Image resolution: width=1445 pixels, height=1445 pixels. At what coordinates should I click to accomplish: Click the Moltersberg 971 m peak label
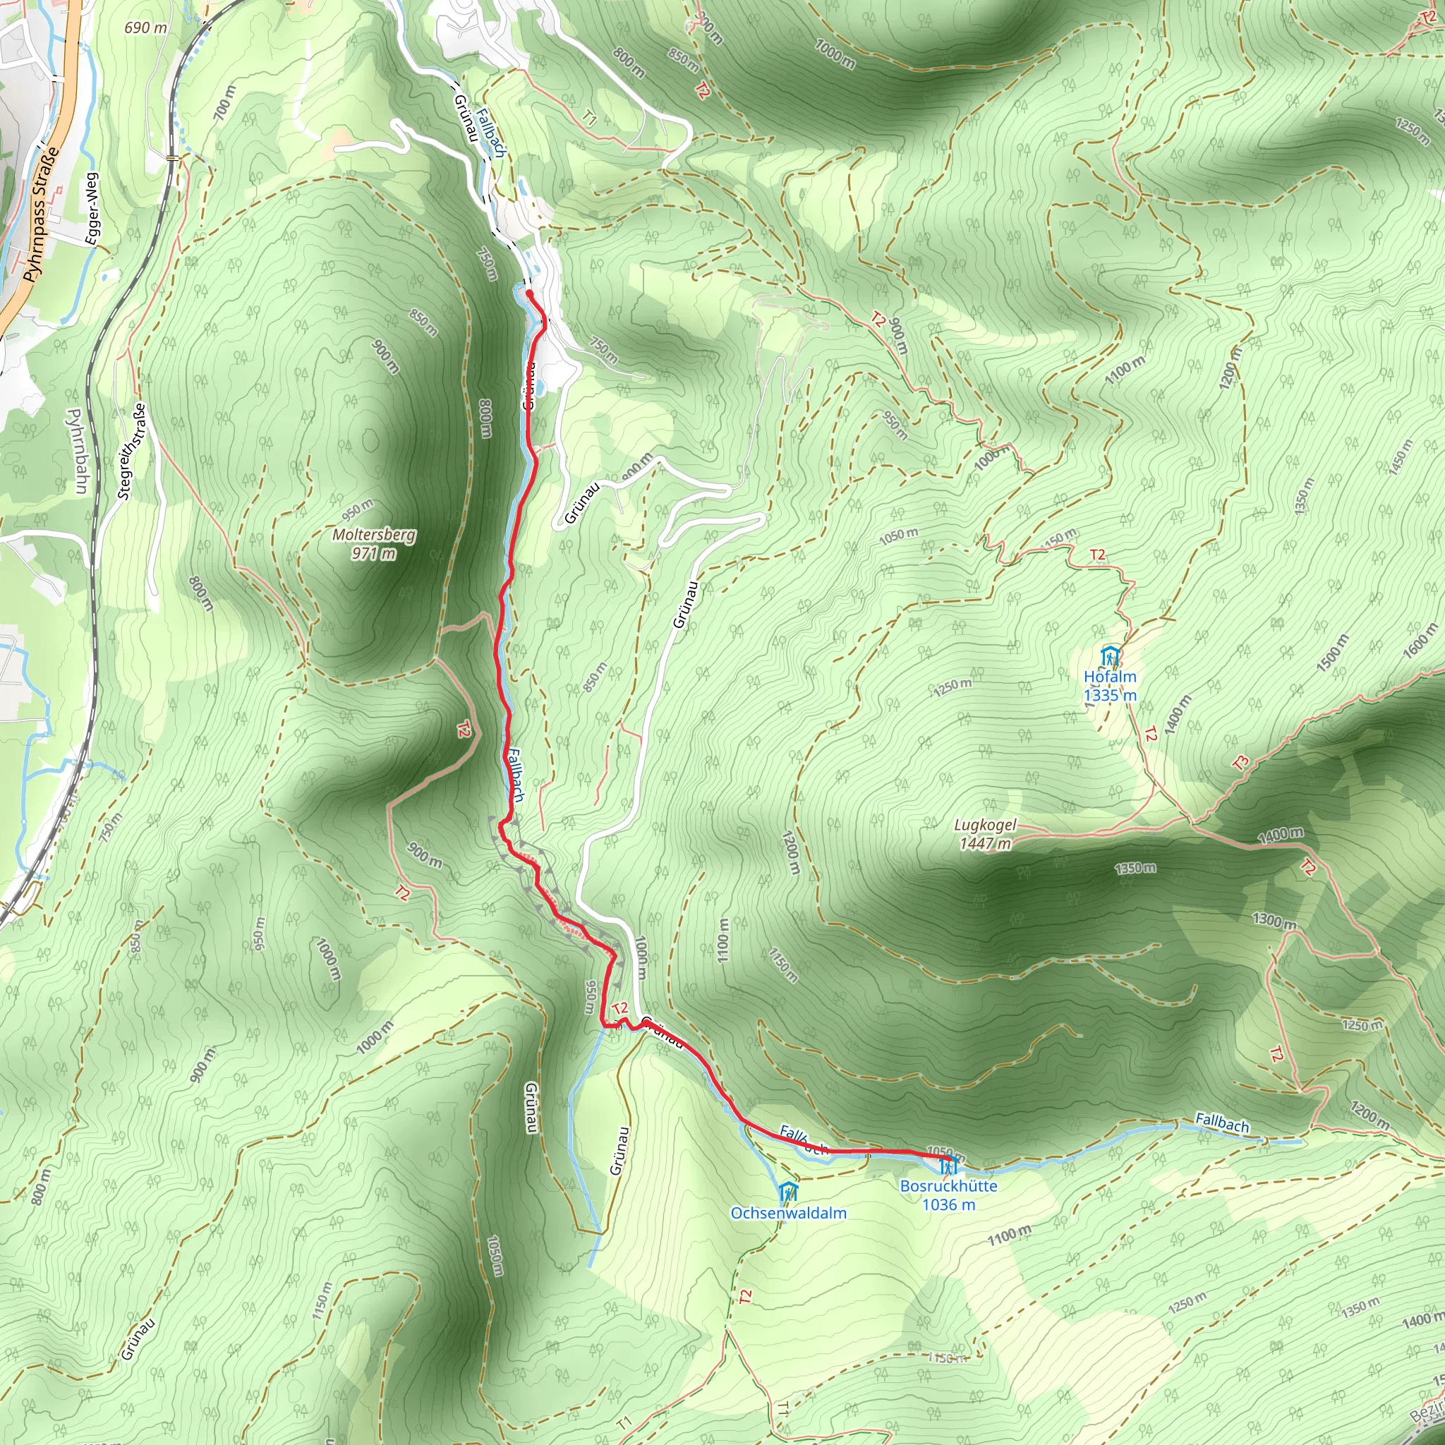tap(374, 544)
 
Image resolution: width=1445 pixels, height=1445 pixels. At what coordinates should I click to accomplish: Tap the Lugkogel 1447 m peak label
tap(985, 834)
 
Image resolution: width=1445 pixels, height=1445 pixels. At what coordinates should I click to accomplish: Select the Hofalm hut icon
tap(1110, 657)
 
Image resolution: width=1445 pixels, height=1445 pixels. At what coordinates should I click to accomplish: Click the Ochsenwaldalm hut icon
tap(787, 1192)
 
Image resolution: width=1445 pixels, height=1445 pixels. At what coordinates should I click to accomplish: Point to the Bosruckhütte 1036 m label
tap(948, 1195)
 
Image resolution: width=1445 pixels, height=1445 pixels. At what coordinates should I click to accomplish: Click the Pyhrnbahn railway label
tap(78, 450)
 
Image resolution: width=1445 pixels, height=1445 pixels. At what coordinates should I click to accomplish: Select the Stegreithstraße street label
tap(132, 451)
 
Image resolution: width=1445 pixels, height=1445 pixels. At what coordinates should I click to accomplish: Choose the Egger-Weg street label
tap(92, 208)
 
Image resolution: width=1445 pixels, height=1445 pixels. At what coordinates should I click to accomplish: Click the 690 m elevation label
tap(145, 28)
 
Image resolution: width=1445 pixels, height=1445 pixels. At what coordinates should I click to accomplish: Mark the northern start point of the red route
tap(528, 294)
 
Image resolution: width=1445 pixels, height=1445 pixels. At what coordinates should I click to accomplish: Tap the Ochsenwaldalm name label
tap(788, 1213)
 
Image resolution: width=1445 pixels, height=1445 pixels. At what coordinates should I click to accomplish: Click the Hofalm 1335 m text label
tap(1110, 686)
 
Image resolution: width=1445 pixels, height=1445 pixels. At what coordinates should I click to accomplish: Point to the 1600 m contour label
tap(1420, 639)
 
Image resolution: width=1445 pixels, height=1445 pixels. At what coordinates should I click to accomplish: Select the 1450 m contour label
tap(1400, 457)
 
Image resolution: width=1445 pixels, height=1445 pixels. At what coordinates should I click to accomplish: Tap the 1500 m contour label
tap(1333, 651)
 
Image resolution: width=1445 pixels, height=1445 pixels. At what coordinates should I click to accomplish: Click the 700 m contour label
tap(224, 102)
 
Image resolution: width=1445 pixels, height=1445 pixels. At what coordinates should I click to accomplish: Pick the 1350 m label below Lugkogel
tap(1135, 869)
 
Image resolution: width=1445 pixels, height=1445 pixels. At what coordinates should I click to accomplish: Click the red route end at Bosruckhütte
tap(948, 1159)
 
